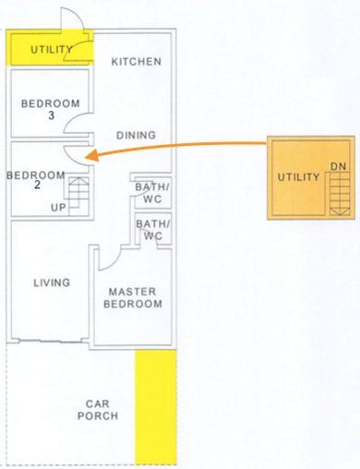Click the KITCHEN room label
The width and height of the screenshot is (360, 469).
[x=137, y=62]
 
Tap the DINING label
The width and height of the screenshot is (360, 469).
[x=136, y=135]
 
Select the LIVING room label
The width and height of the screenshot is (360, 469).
[x=52, y=283]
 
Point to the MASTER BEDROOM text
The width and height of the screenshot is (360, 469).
[x=133, y=297]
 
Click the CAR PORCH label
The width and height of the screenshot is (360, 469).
[x=98, y=410]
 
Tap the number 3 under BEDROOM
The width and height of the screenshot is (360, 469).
[x=51, y=115]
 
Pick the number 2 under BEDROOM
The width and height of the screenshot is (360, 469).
[x=37, y=185]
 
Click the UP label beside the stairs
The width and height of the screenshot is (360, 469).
[x=58, y=208]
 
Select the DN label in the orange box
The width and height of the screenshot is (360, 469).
[x=339, y=166]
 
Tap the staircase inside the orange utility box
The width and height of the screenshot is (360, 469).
[x=340, y=194]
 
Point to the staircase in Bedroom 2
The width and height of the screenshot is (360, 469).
[x=78, y=196]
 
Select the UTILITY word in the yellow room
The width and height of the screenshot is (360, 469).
[x=52, y=49]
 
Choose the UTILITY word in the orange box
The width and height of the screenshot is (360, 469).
[x=298, y=177]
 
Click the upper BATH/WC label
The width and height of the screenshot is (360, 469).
[x=152, y=193]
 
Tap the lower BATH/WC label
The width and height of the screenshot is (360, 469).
[x=153, y=230]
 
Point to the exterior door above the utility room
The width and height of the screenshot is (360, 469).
[x=73, y=18]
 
